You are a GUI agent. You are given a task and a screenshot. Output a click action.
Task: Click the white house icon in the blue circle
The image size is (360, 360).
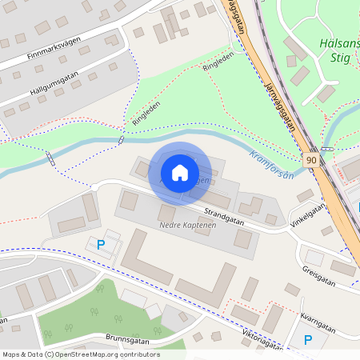pos(179,172)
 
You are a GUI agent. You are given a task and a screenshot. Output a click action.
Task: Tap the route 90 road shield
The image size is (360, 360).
pos(310,160)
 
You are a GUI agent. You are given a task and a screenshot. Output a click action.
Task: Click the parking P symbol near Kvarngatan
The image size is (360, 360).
pos(308,340)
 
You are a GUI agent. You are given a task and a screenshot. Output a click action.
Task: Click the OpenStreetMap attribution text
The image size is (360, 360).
pos(80,354)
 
